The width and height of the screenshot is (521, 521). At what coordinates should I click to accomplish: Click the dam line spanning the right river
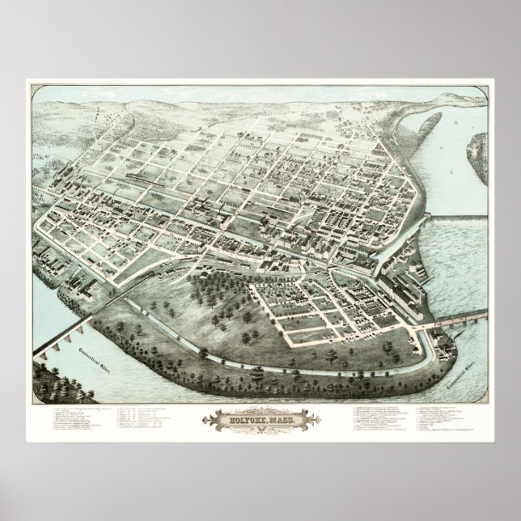tap(459, 215)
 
